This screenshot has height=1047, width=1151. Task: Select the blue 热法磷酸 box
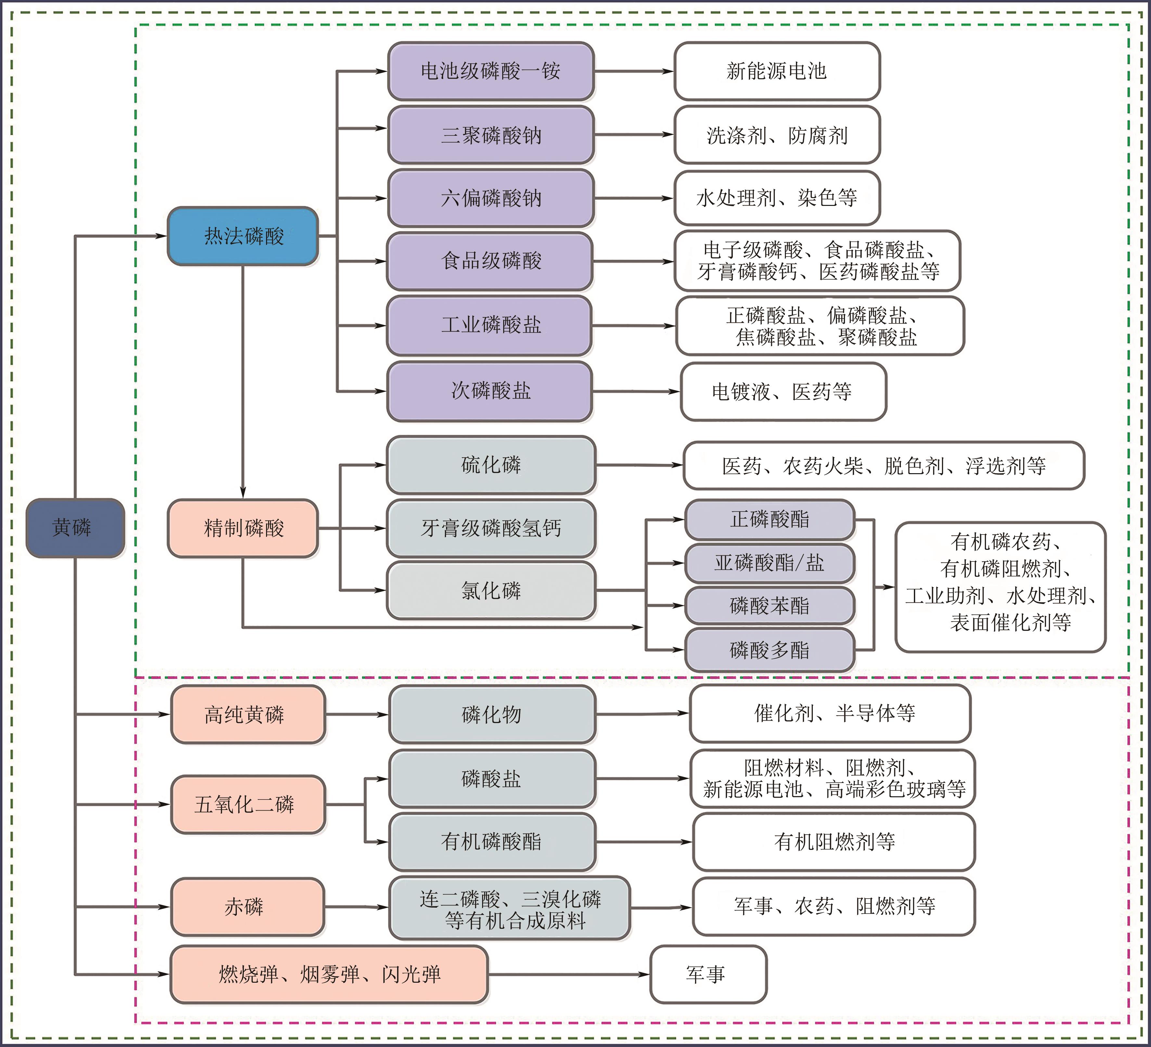click(243, 236)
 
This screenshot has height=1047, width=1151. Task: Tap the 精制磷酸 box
click(243, 528)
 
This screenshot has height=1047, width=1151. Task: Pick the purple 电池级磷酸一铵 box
click(491, 71)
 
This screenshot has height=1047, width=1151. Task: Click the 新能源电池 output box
click(776, 71)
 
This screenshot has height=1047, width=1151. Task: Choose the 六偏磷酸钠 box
click(491, 198)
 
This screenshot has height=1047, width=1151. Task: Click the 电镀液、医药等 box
click(783, 392)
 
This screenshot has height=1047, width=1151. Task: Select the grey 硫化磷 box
click(491, 465)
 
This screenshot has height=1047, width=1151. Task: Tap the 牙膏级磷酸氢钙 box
click(491, 528)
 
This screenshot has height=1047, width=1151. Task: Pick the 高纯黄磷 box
click(248, 714)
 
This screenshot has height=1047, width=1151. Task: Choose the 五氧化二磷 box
click(248, 804)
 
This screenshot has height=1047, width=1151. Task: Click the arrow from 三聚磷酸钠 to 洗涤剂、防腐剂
click(634, 135)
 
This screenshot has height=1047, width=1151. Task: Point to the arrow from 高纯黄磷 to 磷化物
click(357, 714)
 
